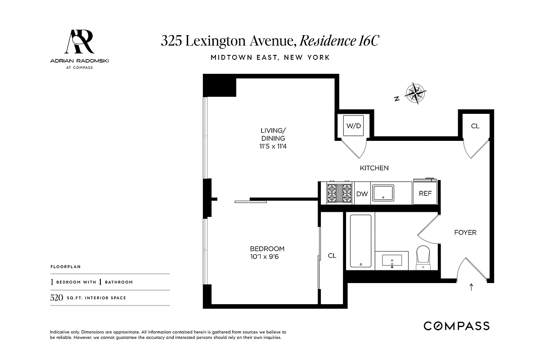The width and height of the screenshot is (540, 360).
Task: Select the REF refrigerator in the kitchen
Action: pos(425,193)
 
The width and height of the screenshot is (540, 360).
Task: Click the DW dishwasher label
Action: pos(362,194)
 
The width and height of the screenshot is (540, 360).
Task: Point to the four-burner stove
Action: pos(339,193)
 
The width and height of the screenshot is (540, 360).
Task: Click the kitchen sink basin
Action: pos(382,193)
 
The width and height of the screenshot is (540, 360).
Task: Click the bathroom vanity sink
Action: pos(392,260)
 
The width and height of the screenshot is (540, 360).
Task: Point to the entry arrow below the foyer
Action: pos(471,287)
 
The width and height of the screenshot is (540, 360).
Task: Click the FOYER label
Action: pos(465,233)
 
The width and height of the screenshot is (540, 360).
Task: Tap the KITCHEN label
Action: pos(374,168)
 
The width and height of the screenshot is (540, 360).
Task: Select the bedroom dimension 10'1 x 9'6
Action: pos(267,257)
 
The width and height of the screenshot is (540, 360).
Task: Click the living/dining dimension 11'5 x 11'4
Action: pos(273,146)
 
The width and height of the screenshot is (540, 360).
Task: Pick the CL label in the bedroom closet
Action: pos(332,256)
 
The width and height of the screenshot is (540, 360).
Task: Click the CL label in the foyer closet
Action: pos(475,126)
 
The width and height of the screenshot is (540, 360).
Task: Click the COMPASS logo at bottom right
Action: pos(456,326)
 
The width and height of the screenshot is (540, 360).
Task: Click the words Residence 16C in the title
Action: pos(339,41)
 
